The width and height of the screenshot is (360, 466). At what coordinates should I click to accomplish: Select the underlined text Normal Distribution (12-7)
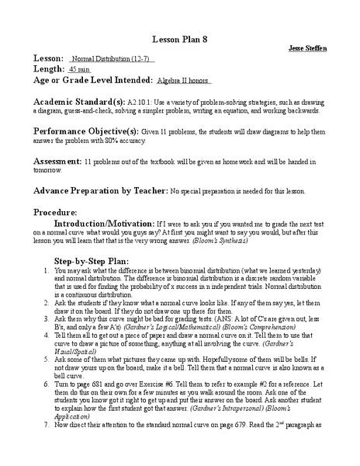tap(112, 59)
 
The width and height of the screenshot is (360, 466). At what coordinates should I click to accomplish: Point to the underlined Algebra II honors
tap(181, 80)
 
